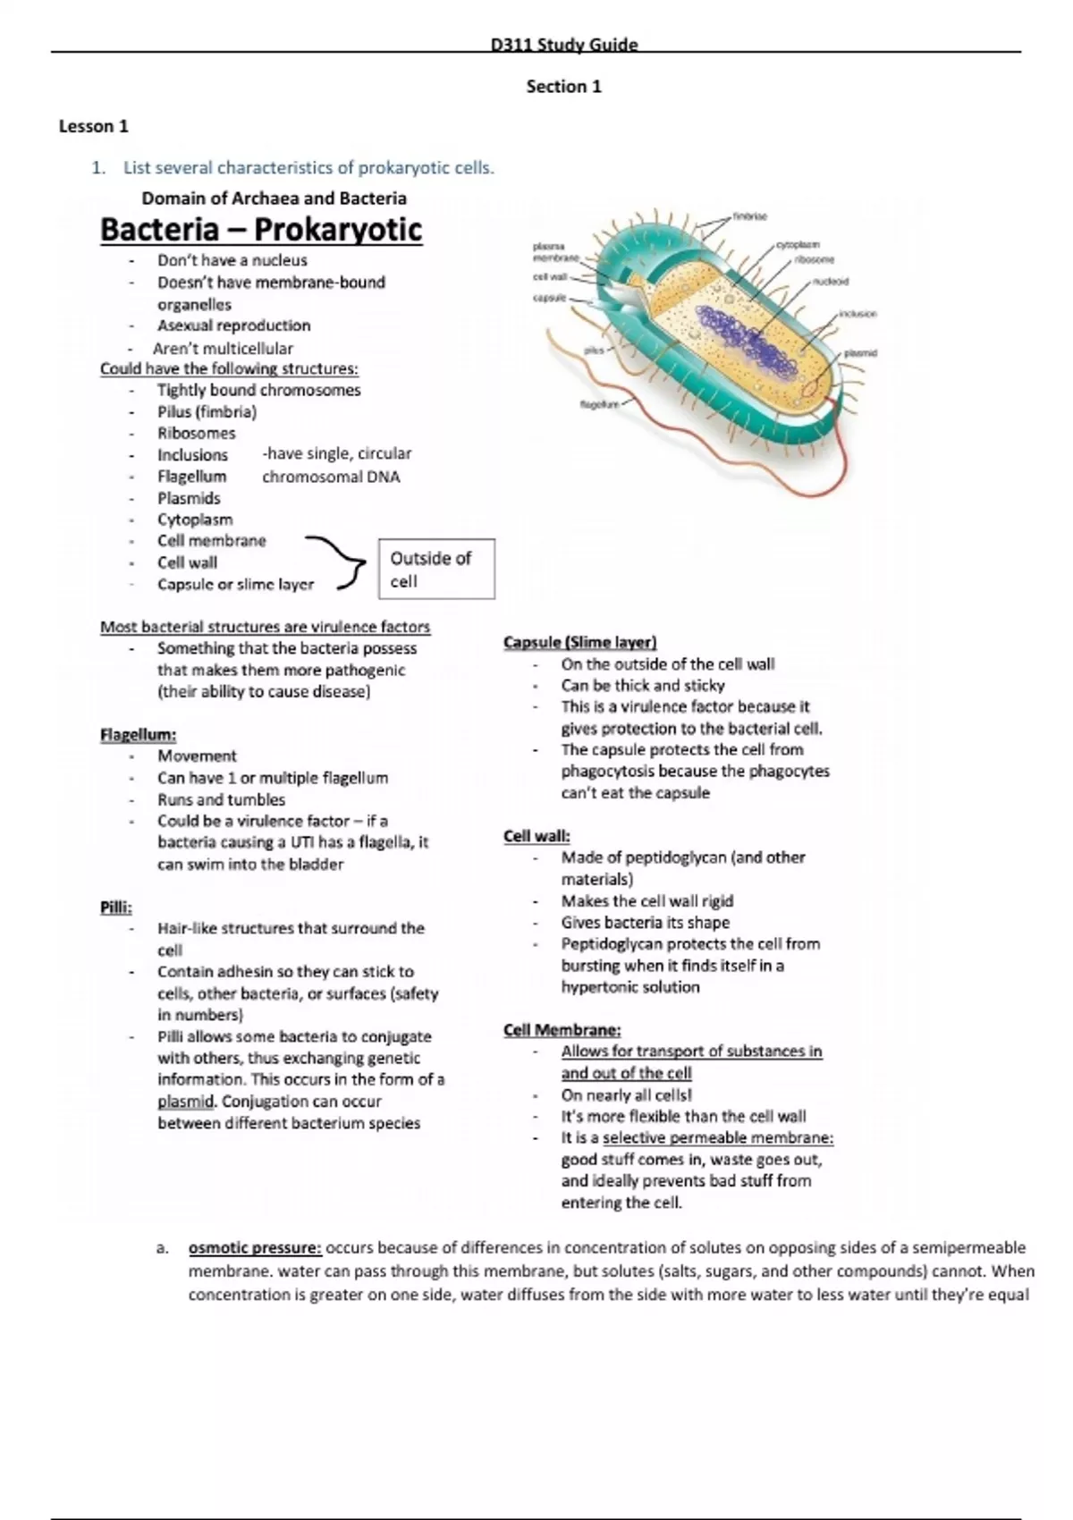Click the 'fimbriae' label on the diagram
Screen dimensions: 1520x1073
[749, 216]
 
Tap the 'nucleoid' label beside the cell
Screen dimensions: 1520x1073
[830, 281]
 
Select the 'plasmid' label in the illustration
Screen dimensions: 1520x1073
[860, 353]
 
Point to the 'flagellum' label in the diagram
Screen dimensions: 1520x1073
[599, 404]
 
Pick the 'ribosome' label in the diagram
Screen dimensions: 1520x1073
[815, 259]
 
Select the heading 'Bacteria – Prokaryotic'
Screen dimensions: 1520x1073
[260, 230]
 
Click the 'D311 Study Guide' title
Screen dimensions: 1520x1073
[564, 45]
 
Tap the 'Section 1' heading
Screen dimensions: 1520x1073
[563, 87]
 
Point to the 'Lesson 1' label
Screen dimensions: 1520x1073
[94, 126]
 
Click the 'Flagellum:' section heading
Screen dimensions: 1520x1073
[138, 735]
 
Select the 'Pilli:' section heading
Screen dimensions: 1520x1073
[116, 908]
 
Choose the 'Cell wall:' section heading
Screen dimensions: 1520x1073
[536, 836]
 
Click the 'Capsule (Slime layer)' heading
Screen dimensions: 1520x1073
[579, 642]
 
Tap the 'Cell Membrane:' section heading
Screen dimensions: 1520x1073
[562, 1030]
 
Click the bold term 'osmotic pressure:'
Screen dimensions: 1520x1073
[255, 1247]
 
